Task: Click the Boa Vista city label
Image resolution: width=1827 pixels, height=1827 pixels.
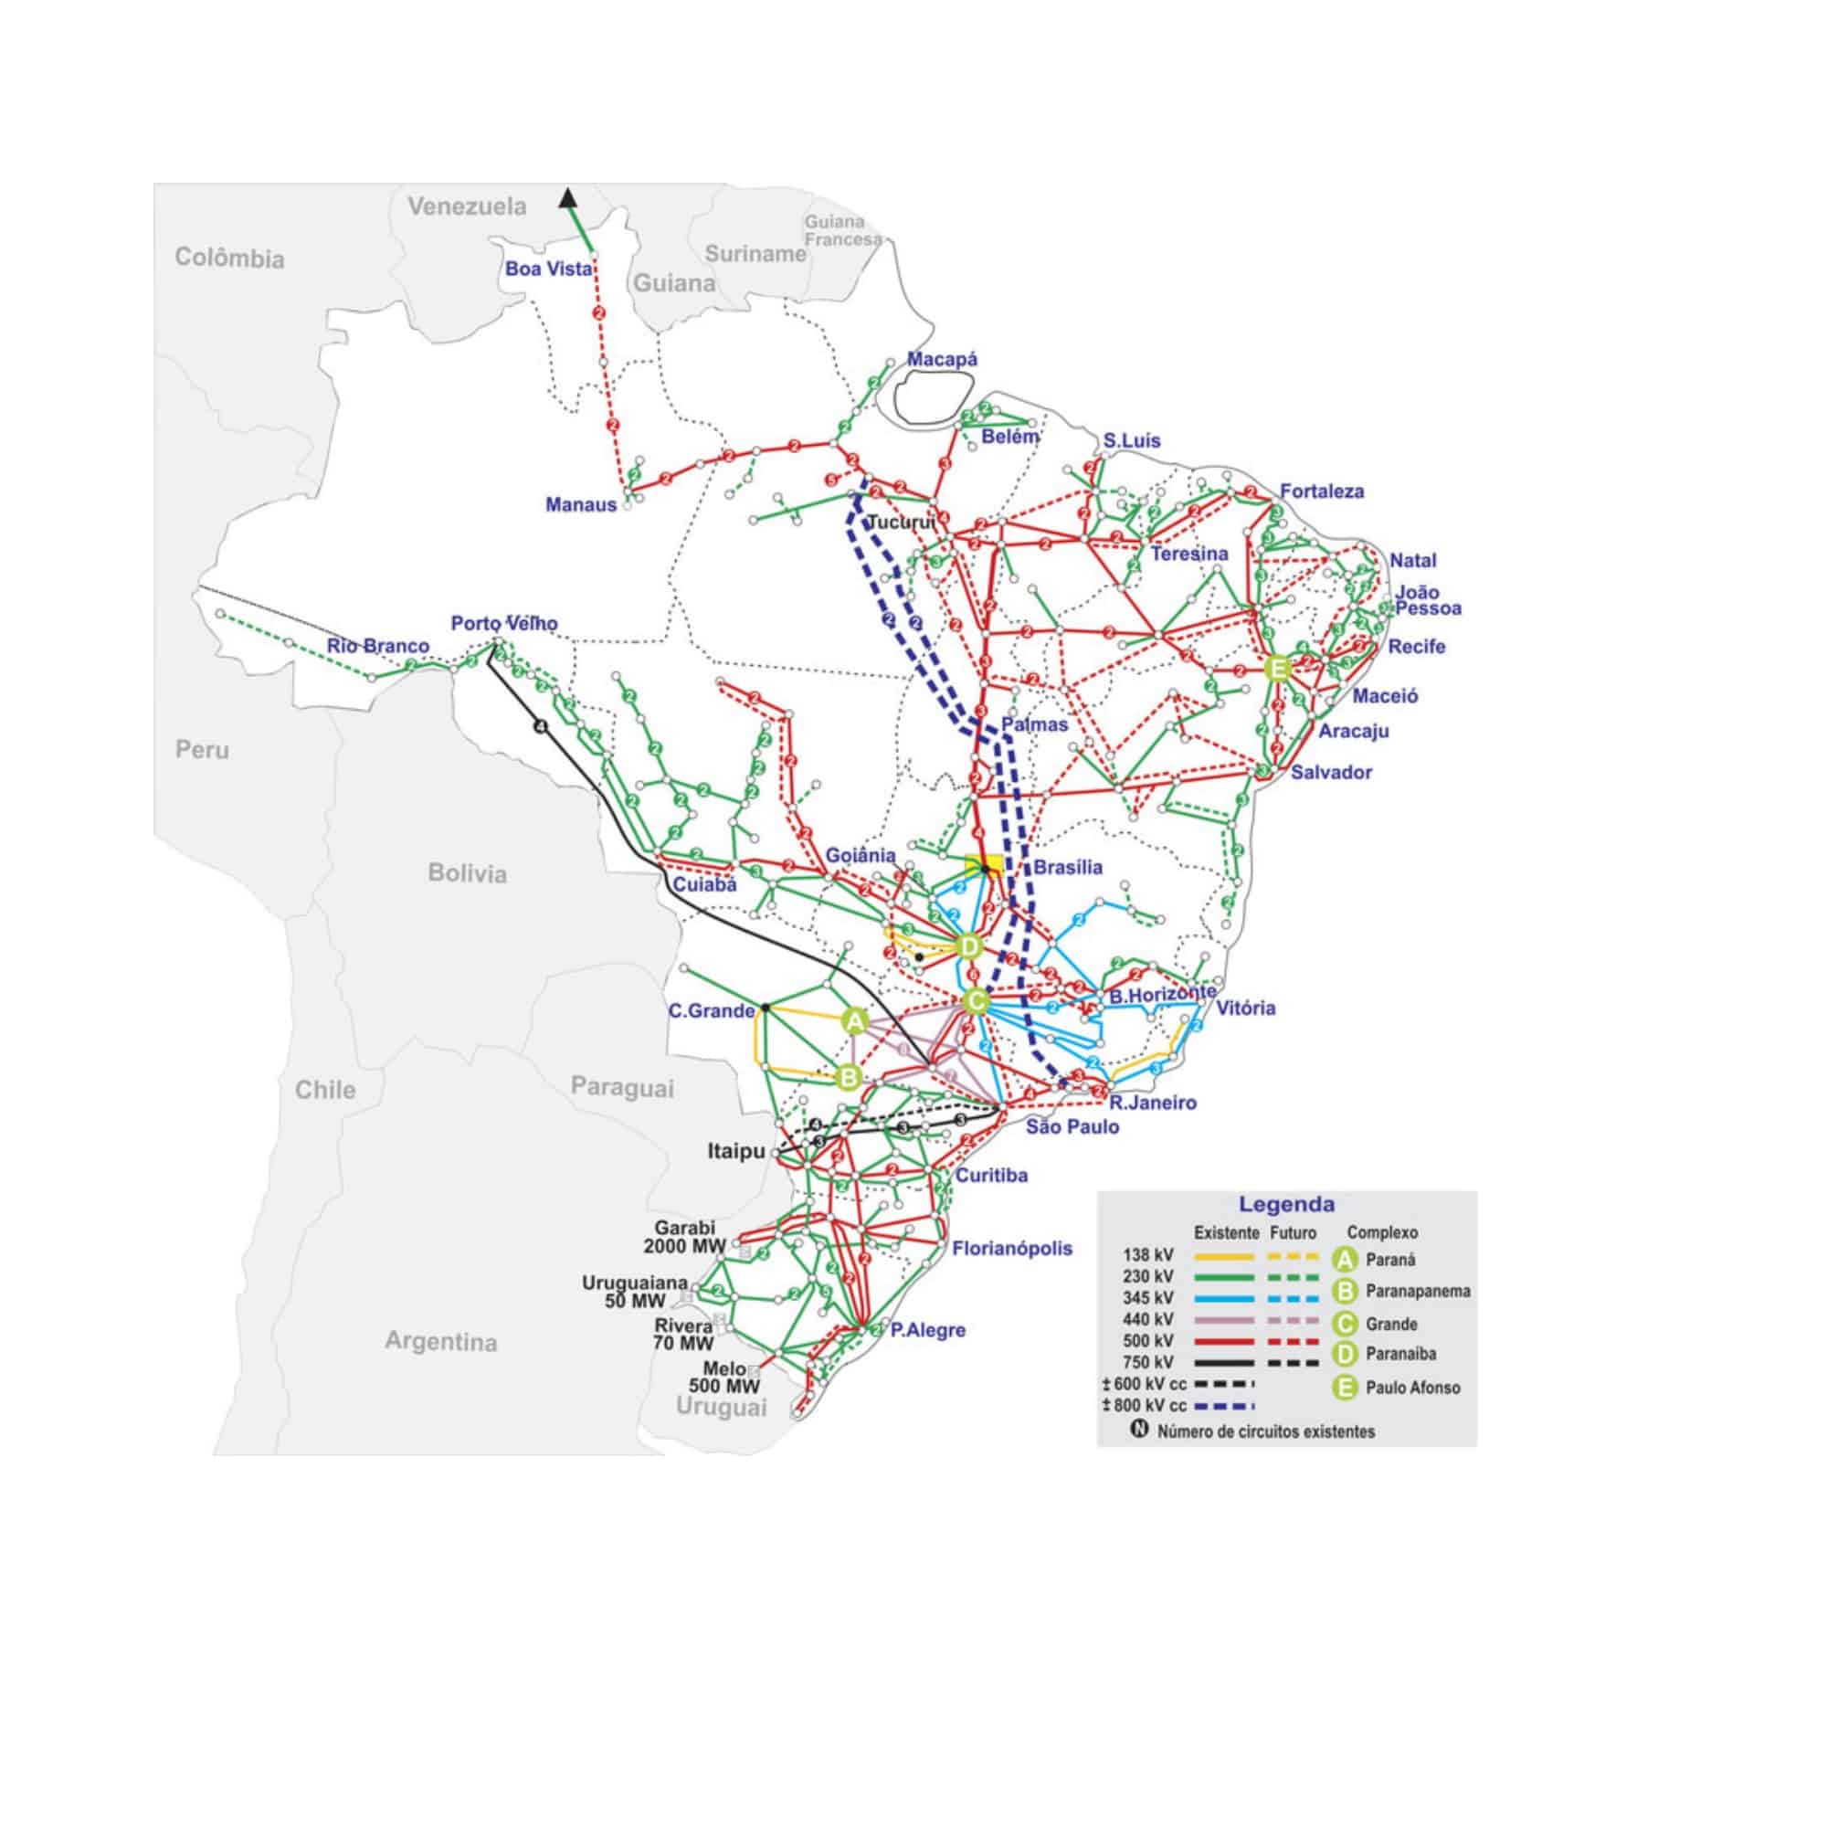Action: pyautogui.click(x=547, y=269)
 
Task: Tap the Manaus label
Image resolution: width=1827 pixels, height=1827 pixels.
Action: pyautogui.click(x=581, y=505)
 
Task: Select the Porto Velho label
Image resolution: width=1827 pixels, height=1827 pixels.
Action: pyautogui.click(x=504, y=624)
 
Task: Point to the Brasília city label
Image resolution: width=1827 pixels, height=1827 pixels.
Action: pyautogui.click(x=1068, y=867)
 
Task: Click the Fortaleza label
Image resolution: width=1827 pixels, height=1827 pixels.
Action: pyautogui.click(x=1321, y=491)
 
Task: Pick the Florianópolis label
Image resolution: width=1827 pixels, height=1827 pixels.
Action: pyautogui.click(x=1012, y=1248)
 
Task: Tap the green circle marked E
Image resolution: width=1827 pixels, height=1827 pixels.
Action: pyautogui.click(x=1278, y=669)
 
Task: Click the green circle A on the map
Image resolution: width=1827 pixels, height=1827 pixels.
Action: pyautogui.click(x=855, y=1021)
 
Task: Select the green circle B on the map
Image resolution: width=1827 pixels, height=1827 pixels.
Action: pyautogui.click(x=849, y=1077)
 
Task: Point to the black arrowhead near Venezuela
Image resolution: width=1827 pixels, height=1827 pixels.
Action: pyautogui.click(x=567, y=197)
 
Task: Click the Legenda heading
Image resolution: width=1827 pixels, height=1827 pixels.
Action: pyautogui.click(x=1286, y=1204)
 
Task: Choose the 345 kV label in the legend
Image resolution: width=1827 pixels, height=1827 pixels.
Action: pyautogui.click(x=1148, y=1298)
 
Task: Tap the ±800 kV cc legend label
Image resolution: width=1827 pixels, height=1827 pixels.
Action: pyautogui.click(x=1145, y=1405)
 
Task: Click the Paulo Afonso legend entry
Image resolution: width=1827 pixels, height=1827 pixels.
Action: pyautogui.click(x=1412, y=1389)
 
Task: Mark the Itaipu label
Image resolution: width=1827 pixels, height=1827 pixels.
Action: pyautogui.click(x=735, y=1152)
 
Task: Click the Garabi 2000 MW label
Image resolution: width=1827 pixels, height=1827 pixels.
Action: pyautogui.click(x=683, y=1237)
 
